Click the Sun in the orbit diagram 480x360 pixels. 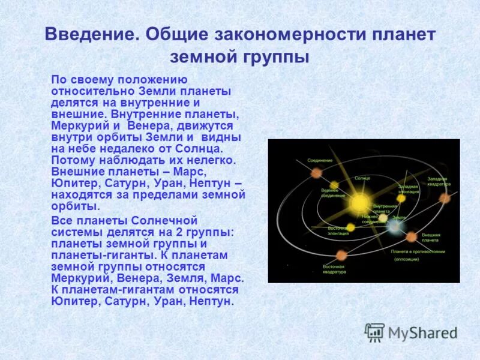click(x=359, y=202)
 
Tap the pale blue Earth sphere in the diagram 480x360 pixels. click(x=394, y=227)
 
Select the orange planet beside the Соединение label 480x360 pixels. click(x=316, y=173)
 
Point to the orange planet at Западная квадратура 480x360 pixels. click(x=445, y=198)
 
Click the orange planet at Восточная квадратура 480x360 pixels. click(x=341, y=255)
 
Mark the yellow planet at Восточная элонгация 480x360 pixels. click(x=351, y=227)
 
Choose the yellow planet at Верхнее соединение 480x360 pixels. click(x=334, y=185)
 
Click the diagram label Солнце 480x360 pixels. click(x=362, y=178)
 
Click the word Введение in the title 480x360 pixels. click(x=89, y=34)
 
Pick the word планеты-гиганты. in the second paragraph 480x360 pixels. click(x=97, y=255)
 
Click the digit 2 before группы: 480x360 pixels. click(x=178, y=232)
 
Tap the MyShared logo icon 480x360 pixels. click(x=374, y=332)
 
